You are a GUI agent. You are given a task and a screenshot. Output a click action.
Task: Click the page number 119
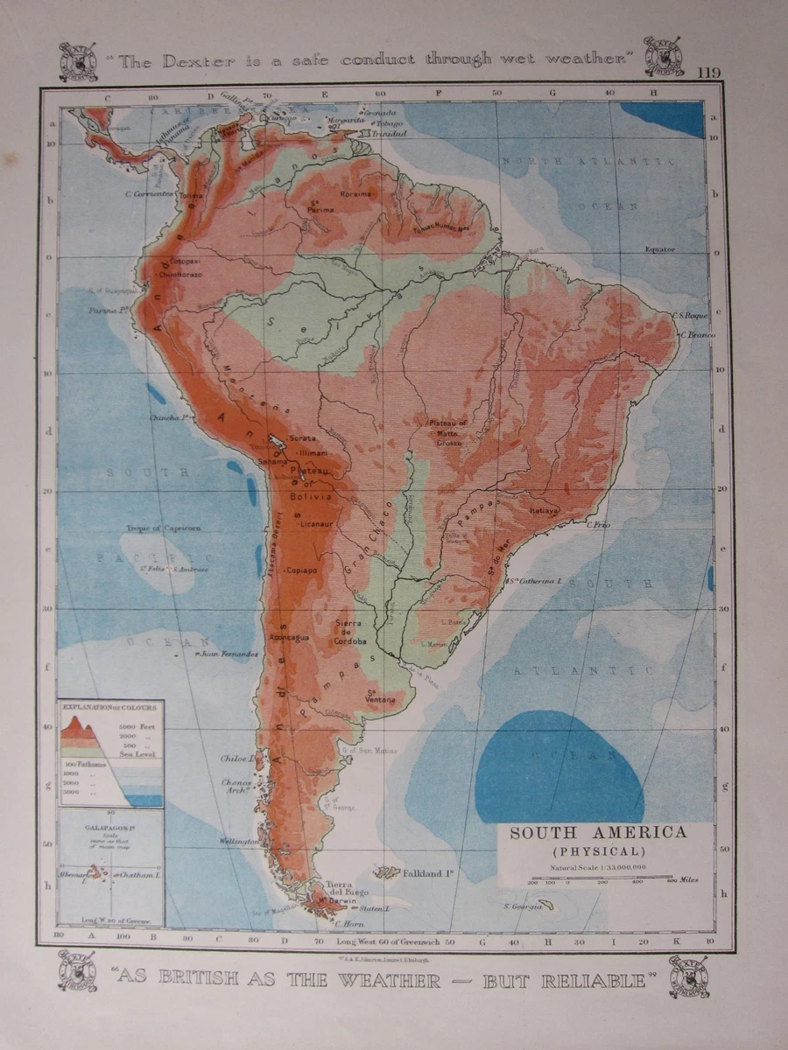[x=709, y=73]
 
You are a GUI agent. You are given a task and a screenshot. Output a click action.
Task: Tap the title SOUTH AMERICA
[x=598, y=833]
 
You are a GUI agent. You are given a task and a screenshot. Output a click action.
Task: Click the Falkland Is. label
[x=426, y=872]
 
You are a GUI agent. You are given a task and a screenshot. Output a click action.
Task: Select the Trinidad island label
[x=388, y=135]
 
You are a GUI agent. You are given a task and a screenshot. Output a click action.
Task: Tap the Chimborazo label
[x=179, y=274]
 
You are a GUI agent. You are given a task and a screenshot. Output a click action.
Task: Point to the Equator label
[x=660, y=249]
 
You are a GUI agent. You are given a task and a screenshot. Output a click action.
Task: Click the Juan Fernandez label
[x=229, y=653]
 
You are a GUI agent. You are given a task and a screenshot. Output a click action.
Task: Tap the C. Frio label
[x=598, y=525]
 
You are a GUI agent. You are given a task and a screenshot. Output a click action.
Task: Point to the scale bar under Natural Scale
[x=601, y=877]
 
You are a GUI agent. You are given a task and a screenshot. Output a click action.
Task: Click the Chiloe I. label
[x=238, y=759]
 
